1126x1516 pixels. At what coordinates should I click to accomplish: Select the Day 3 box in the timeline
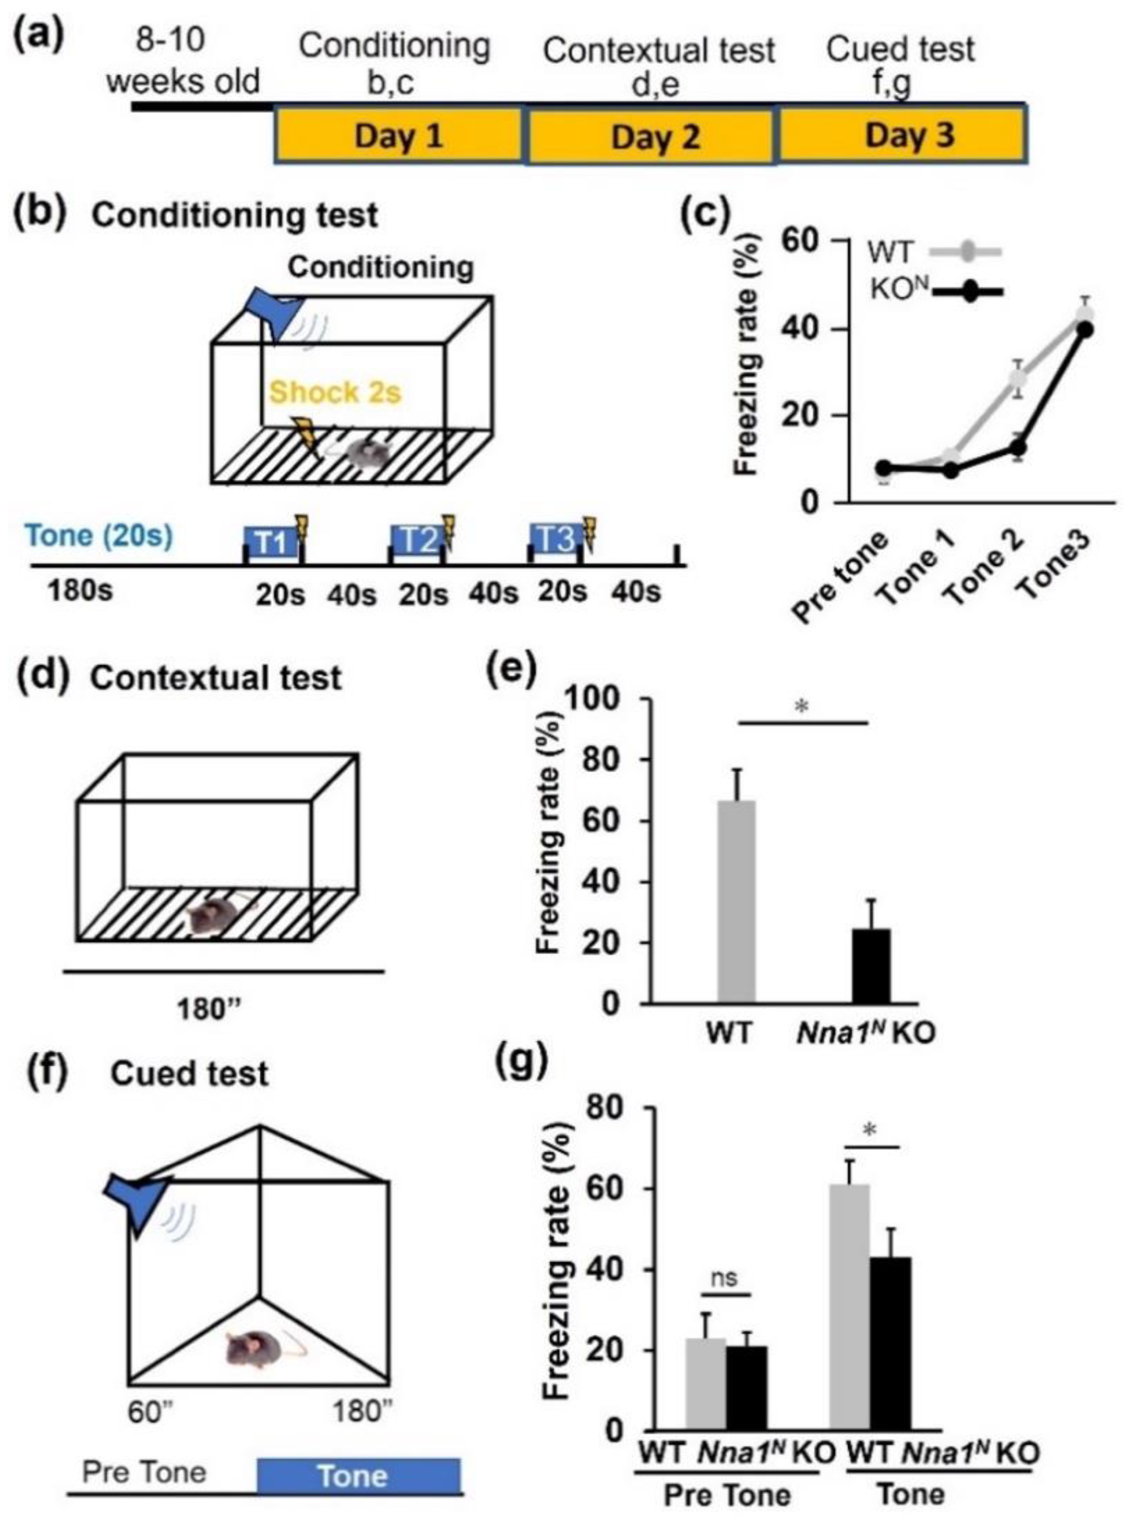(x=903, y=136)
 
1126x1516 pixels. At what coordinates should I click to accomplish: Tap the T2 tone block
(x=417, y=540)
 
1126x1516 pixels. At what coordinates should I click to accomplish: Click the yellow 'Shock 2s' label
(x=335, y=393)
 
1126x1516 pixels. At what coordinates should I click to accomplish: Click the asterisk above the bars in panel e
(x=802, y=708)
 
